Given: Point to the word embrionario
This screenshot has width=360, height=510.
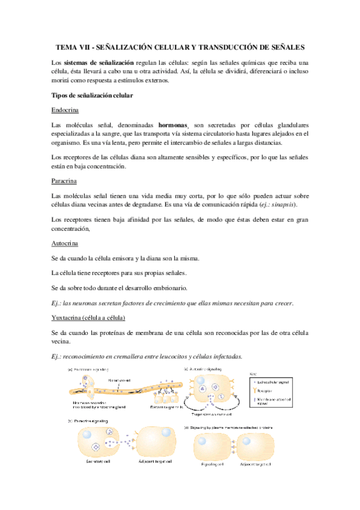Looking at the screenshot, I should (171, 287).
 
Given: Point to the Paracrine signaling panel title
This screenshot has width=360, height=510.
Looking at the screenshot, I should (97, 407).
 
